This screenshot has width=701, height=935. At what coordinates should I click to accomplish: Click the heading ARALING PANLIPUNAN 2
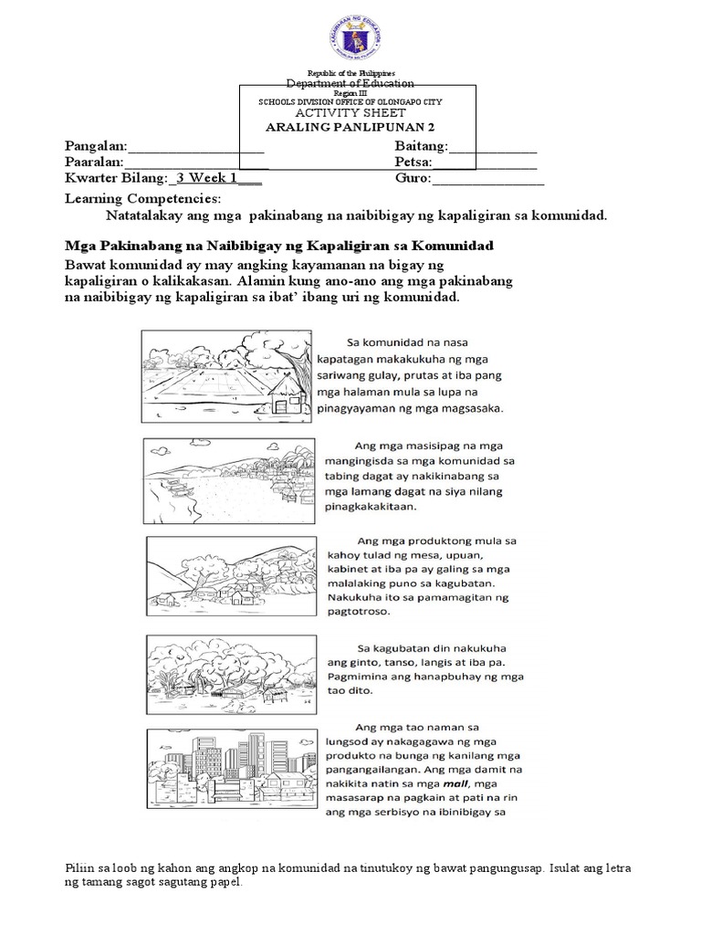(351, 128)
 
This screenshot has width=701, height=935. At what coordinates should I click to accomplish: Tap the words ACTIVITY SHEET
(350, 112)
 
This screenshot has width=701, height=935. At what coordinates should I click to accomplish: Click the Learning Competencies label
(142, 198)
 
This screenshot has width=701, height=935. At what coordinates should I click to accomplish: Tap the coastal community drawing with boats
(230, 476)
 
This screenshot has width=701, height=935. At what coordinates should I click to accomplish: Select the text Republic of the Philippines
(351, 72)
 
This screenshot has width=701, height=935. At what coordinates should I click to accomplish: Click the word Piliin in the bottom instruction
(81, 867)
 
